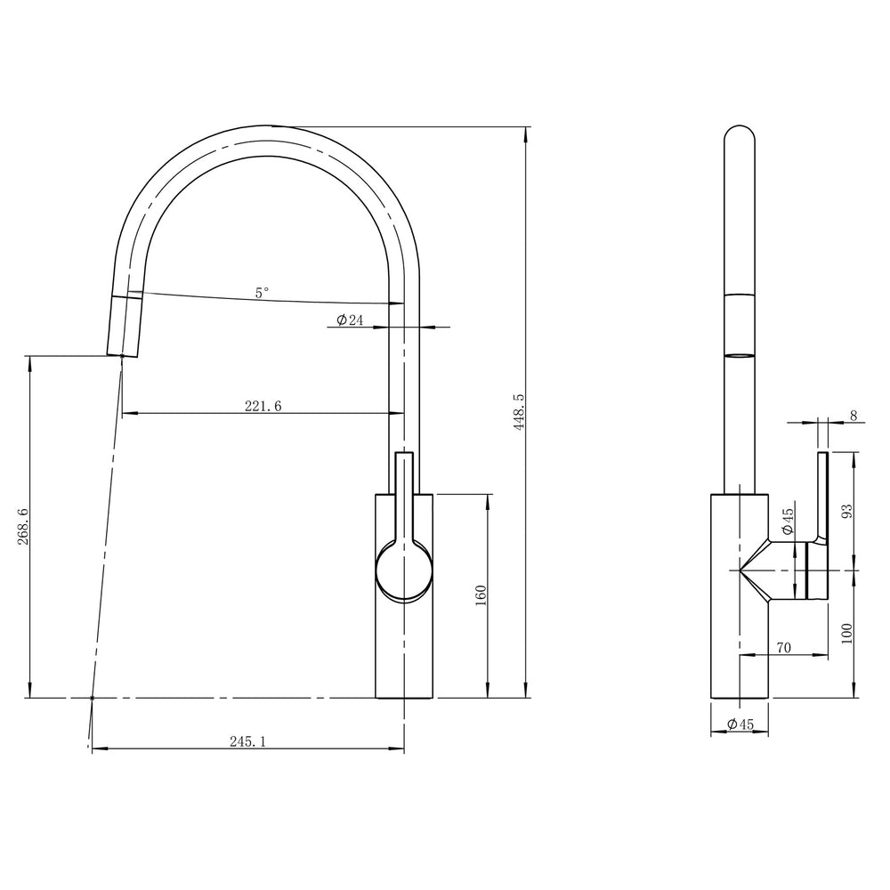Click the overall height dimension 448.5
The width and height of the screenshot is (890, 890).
(519, 411)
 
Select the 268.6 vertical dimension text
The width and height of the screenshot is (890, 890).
(23, 527)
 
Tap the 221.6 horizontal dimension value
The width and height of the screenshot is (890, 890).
(263, 406)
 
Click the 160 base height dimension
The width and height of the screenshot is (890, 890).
(480, 595)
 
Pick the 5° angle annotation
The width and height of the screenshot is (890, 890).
(261, 291)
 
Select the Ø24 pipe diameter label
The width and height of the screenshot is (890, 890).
(350, 320)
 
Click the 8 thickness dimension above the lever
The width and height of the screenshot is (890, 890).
(853, 415)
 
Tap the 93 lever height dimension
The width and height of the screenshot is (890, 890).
(847, 511)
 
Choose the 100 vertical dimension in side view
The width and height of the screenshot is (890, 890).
(847, 633)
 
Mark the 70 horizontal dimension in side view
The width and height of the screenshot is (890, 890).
(783, 649)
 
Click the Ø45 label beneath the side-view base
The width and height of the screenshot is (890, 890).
(740, 724)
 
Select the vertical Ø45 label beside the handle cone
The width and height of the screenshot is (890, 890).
(788, 522)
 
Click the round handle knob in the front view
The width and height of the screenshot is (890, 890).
(404, 570)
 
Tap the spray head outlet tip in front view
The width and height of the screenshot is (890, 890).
(122, 353)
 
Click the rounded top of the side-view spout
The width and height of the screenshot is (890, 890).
(740, 133)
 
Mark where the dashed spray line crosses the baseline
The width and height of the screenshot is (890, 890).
(93, 698)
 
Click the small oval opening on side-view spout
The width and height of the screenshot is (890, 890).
(740, 356)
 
